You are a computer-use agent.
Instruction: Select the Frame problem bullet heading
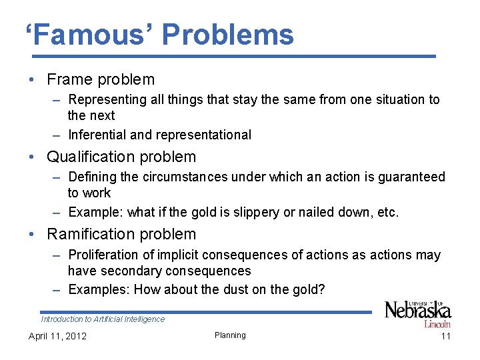tap(101, 79)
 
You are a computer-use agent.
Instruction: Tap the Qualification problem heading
tap(121, 157)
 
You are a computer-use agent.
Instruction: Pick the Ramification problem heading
tap(121, 234)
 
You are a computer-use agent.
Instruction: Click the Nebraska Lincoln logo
tap(418, 313)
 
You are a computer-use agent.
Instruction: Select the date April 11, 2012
tap(57, 336)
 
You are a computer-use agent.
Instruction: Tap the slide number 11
tap(445, 336)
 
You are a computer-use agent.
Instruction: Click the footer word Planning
tap(230, 335)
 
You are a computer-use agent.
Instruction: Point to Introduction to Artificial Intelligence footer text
tap(103, 319)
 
